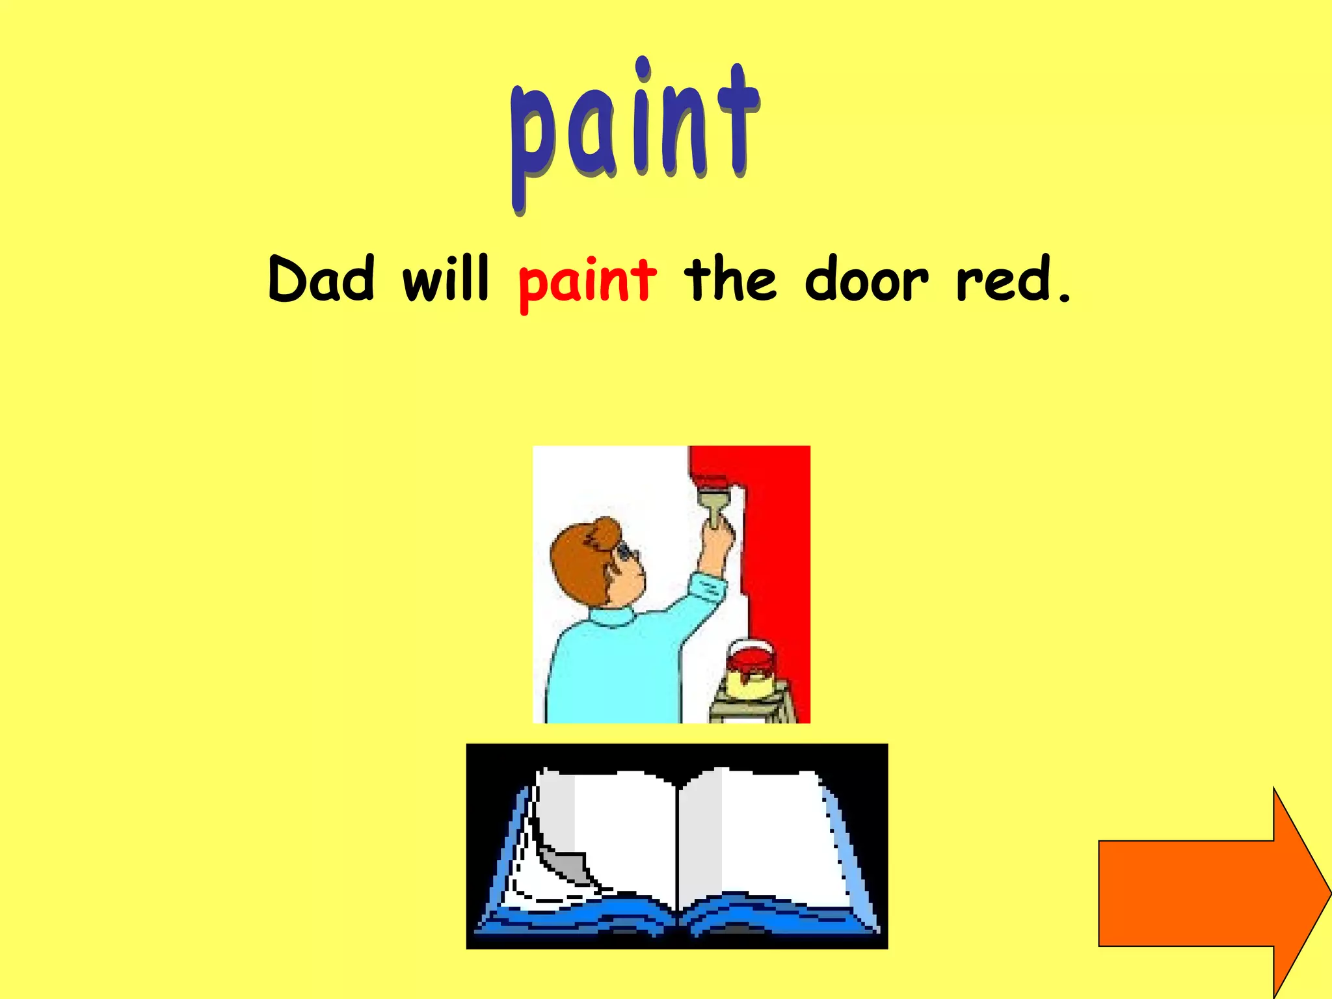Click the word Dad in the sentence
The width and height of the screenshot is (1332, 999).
point(321,280)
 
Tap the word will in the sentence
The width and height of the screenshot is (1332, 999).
point(446,280)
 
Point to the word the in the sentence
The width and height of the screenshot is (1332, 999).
point(730,280)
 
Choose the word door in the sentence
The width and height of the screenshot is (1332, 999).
point(866,280)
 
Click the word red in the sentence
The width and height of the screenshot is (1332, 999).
point(1004,280)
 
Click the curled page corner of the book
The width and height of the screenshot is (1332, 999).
point(563,862)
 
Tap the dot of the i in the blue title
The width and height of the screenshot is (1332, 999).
point(643,68)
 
